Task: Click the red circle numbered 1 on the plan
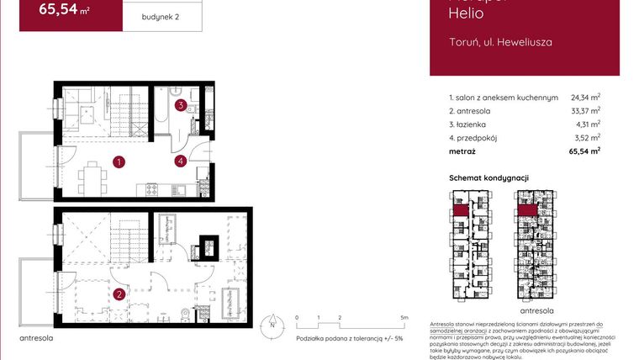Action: pyautogui.click(x=120, y=161)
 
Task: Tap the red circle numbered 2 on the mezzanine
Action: pyautogui.click(x=120, y=294)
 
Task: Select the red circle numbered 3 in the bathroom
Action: pyautogui.click(x=181, y=105)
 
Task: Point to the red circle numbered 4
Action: pyautogui.click(x=180, y=161)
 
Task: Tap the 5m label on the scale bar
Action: pyautogui.click(x=405, y=317)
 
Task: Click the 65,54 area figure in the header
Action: pyautogui.click(x=64, y=9)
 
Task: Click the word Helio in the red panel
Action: pyautogui.click(x=467, y=13)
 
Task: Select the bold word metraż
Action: pyautogui.click(x=462, y=151)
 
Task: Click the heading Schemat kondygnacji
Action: pyautogui.click(x=488, y=178)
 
